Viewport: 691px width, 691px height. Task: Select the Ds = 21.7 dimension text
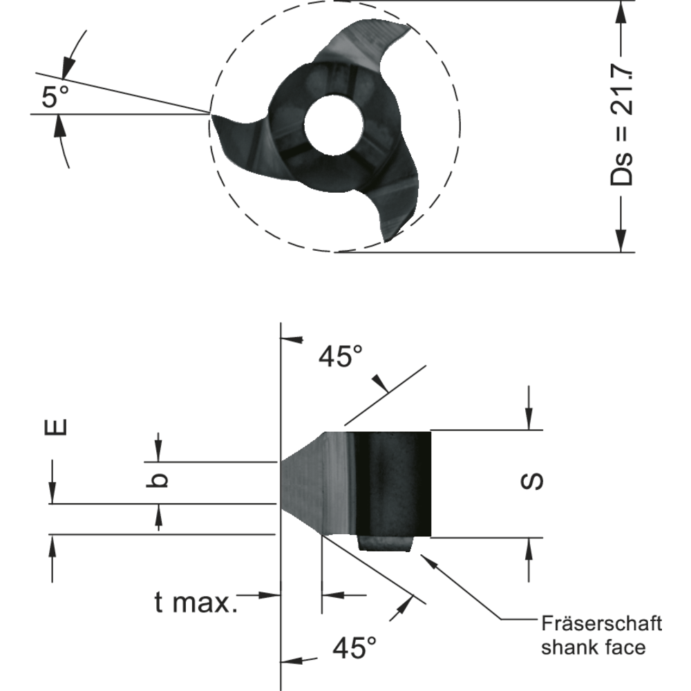coord(624,125)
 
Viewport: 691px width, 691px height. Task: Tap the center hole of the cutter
coord(334,124)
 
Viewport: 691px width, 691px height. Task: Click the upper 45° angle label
coord(340,357)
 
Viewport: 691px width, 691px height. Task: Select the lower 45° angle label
coord(354,648)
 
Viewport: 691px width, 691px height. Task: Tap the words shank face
coord(593,647)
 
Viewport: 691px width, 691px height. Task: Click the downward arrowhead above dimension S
coord(529,419)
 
